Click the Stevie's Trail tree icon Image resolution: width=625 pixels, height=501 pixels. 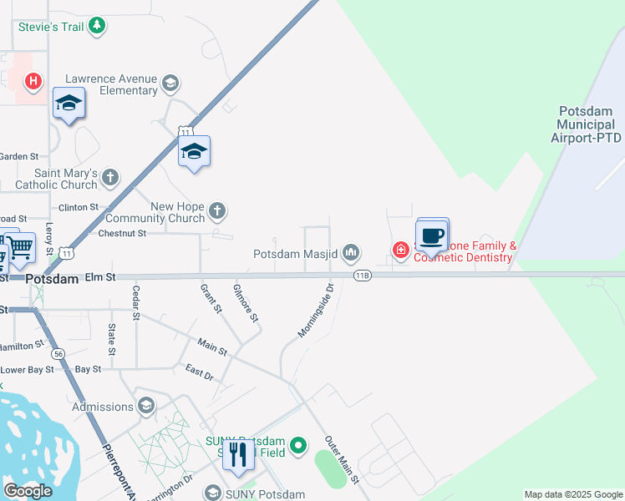98,26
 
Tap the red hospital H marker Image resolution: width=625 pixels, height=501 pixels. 33,81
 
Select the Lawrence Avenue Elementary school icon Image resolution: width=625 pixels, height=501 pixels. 170,83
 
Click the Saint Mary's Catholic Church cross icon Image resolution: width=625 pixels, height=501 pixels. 110,176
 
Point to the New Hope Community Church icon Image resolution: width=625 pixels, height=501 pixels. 217,210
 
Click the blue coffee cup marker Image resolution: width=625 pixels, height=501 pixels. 432,235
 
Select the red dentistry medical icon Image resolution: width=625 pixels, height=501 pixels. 401,250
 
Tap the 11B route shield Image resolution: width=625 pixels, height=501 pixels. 362,275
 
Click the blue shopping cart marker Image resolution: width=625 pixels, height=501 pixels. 20,246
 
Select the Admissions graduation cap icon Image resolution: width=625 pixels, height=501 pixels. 146,407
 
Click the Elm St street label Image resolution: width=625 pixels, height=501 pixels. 99,276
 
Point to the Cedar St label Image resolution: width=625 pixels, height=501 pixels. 135,302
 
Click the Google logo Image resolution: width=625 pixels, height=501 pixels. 28,491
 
